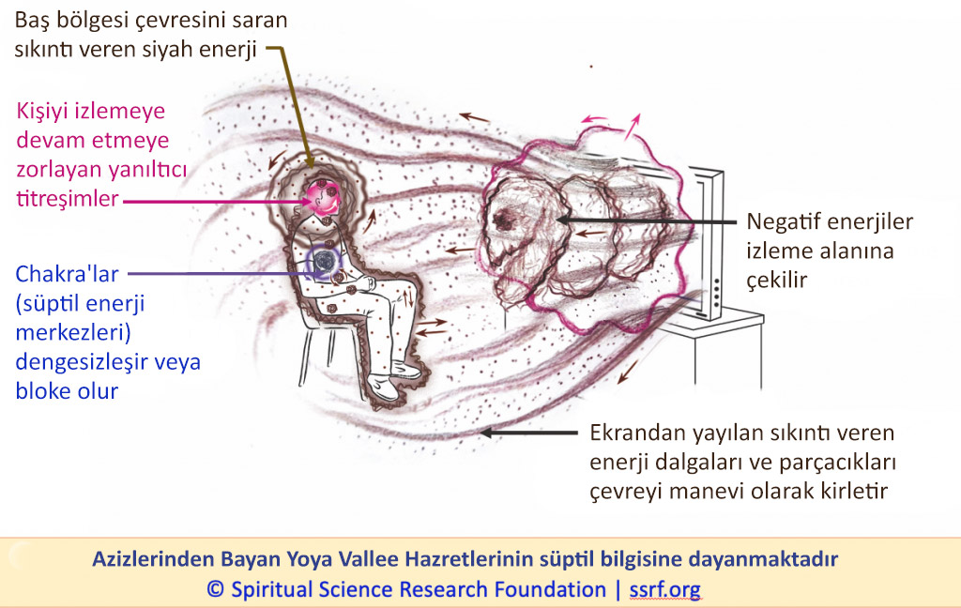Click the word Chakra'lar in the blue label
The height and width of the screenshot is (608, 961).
click(x=67, y=274)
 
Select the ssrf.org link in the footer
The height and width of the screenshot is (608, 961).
click(x=665, y=589)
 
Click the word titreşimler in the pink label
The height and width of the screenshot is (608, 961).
click(x=68, y=199)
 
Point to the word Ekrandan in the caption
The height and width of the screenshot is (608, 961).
click(x=637, y=433)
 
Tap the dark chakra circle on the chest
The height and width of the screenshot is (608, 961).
click(x=323, y=261)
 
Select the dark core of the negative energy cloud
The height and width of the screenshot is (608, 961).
click(x=504, y=219)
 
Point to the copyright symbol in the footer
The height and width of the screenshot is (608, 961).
click(x=215, y=589)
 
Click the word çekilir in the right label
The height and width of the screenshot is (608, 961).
click(x=776, y=281)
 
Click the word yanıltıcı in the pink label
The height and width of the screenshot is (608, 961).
click(x=147, y=169)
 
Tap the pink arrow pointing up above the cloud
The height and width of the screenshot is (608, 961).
click(x=633, y=127)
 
